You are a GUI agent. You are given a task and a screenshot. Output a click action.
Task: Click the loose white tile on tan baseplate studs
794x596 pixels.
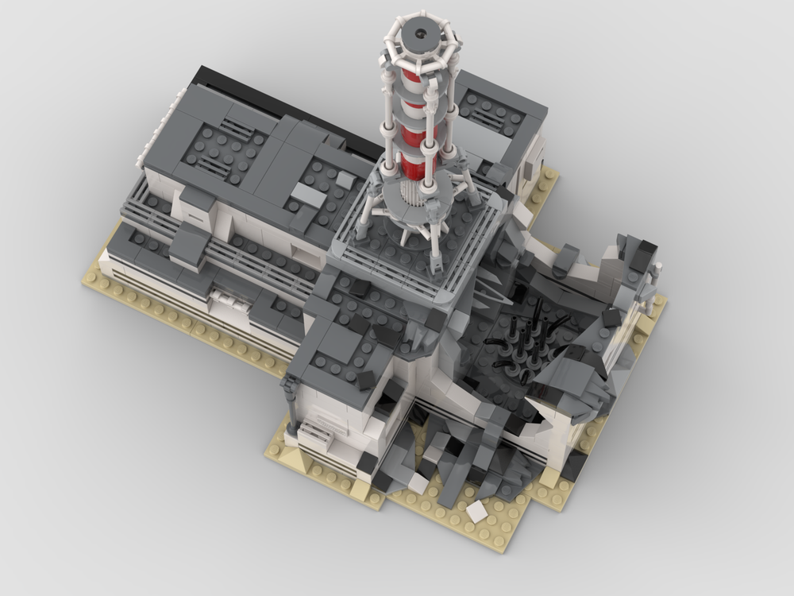(x=476, y=512)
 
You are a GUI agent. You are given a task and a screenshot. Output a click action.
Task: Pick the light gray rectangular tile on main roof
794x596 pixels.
(x=308, y=195)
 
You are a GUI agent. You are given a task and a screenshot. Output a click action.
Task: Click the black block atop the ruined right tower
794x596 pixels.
(x=642, y=256)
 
